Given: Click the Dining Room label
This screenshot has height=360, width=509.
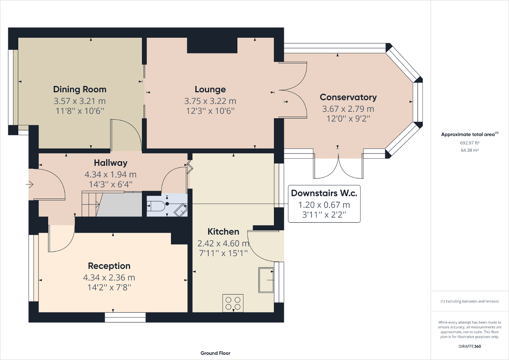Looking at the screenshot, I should (80, 89).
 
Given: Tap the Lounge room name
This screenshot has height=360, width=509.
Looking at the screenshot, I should (210, 90).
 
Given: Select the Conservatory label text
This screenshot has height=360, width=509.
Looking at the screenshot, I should (348, 97).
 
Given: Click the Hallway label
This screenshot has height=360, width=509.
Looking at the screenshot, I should (111, 163).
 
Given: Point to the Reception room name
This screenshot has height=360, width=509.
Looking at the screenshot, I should (109, 266).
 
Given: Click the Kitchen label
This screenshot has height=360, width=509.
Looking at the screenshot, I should (223, 232).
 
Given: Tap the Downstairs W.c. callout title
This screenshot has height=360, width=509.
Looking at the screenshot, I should (324, 193).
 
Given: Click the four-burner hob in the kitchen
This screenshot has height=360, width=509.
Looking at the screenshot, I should (233, 303).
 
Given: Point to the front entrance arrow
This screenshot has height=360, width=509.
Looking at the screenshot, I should (30, 184).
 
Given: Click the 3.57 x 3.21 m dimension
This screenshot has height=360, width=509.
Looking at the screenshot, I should (80, 101).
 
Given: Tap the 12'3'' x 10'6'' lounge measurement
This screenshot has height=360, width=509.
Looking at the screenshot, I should (210, 111).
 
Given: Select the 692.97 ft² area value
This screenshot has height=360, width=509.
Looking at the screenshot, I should (470, 142).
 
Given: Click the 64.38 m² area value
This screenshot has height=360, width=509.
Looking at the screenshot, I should (470, 150).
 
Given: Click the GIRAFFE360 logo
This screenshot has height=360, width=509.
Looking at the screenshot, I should (470, 346).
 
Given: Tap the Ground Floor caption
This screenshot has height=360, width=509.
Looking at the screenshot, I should (215, 353).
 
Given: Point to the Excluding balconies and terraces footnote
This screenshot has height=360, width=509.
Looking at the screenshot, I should (470, 302).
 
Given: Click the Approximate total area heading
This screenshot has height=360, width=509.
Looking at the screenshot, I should (470, 134).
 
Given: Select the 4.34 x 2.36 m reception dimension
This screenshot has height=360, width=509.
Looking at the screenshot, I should (109, 277).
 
